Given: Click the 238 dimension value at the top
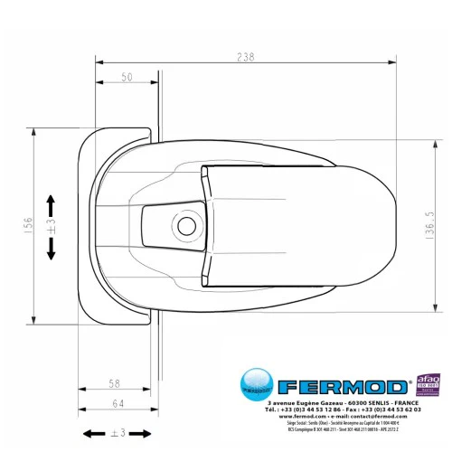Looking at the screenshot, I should point(243,57).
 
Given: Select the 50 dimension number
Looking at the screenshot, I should point(127,78).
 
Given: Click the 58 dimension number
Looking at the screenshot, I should point(113,383).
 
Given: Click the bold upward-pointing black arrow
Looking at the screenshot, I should point(50,201).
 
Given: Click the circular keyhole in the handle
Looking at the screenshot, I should point(187,224).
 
